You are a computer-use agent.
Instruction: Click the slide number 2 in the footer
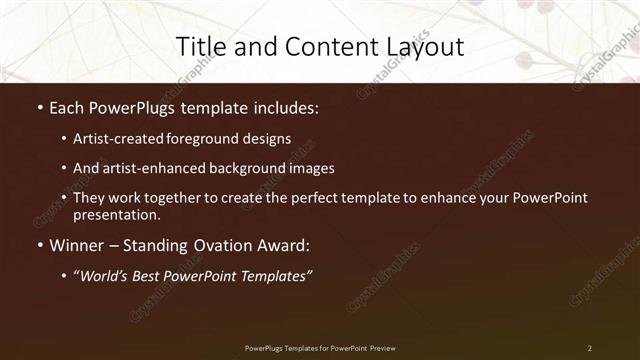click(590, 348)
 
